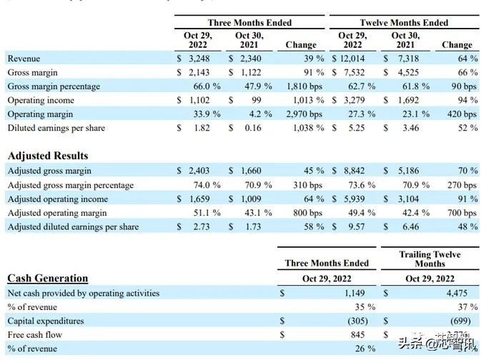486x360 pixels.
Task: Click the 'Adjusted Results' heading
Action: coord(47,155)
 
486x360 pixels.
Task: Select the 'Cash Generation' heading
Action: coord(47,279)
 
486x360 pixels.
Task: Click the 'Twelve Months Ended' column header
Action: coord(405,23)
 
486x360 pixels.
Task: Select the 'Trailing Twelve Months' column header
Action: coord(429,259)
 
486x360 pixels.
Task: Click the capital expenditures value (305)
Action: coord(361,321)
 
